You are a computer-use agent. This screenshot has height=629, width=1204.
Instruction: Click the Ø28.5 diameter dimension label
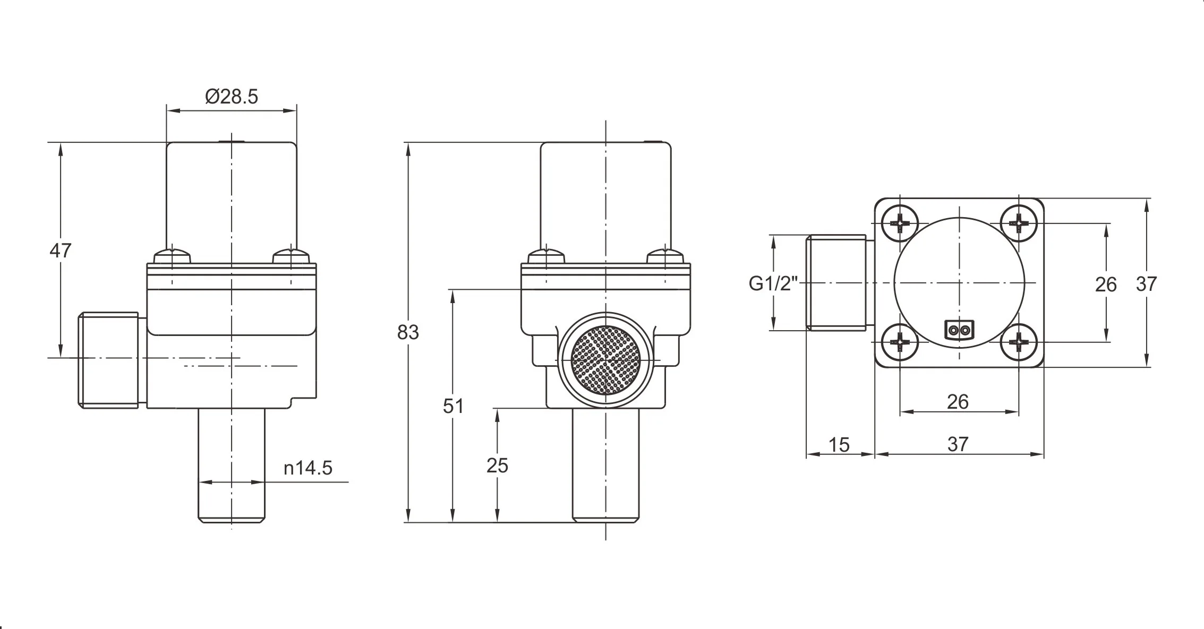232,97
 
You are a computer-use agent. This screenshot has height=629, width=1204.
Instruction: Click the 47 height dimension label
60,250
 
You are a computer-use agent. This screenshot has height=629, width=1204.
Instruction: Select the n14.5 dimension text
308,468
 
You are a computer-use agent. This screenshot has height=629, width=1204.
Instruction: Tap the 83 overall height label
408,332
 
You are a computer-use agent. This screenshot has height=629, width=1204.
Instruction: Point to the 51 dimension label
453,406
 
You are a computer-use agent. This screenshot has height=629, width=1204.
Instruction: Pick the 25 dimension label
497,466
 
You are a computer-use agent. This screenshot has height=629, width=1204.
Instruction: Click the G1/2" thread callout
773,284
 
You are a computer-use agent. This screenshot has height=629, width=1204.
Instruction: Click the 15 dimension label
839,444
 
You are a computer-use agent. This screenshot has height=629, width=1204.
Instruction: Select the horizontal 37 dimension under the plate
958,444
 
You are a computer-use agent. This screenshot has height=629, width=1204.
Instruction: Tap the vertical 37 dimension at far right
1146,284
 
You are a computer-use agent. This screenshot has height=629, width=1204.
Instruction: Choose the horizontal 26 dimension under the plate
958,402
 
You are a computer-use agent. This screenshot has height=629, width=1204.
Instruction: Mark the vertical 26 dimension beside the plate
1106,285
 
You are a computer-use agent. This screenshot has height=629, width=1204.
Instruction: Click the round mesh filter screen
605,360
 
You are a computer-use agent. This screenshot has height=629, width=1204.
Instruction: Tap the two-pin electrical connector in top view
959,330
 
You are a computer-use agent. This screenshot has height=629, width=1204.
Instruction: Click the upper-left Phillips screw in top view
900,223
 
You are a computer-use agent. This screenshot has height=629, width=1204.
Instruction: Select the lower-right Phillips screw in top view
1019,342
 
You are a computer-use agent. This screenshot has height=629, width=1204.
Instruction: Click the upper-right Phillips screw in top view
1019,223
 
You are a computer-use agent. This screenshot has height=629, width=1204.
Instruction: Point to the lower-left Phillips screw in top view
900,342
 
